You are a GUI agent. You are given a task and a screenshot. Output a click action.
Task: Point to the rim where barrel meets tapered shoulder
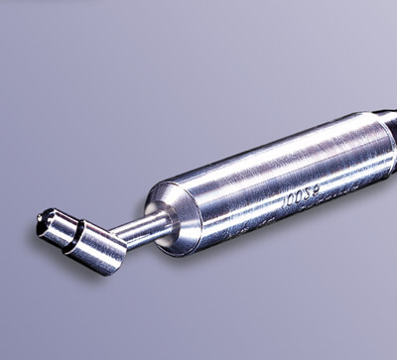point(189,213)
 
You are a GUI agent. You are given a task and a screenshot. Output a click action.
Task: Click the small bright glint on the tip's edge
point(41,214)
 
